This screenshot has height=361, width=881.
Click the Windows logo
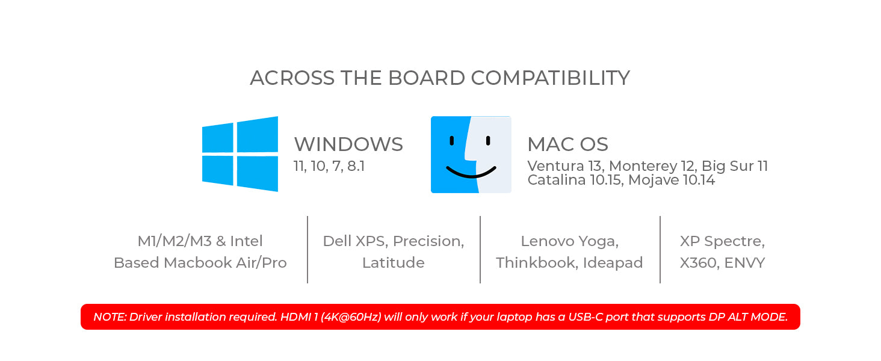(240, 154)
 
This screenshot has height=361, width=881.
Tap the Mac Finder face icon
(471, 155)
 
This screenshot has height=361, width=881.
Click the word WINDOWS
(348, 144)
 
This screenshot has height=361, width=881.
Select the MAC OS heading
(567, 144)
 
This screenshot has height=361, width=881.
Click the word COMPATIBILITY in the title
(550, 78)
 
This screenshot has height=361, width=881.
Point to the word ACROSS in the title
(292, 78)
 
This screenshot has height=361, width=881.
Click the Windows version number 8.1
(356, 166)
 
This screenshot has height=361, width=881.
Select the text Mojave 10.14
(672, 180)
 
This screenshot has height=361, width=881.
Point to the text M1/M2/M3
(175, 241)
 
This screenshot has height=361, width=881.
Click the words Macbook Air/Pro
(225, 263)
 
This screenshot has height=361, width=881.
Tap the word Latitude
(394, 263)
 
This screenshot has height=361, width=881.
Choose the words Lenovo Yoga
(569, 241)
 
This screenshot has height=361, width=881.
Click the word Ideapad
(613, 263)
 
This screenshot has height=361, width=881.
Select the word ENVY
(744, 263)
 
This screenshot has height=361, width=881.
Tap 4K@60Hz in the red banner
(351, 317)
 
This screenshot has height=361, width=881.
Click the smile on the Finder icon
(471, 172)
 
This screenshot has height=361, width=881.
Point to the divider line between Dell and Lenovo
(480, 249)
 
